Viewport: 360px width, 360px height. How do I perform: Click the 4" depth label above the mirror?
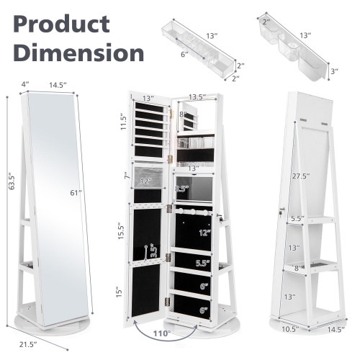pos(24,84)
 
